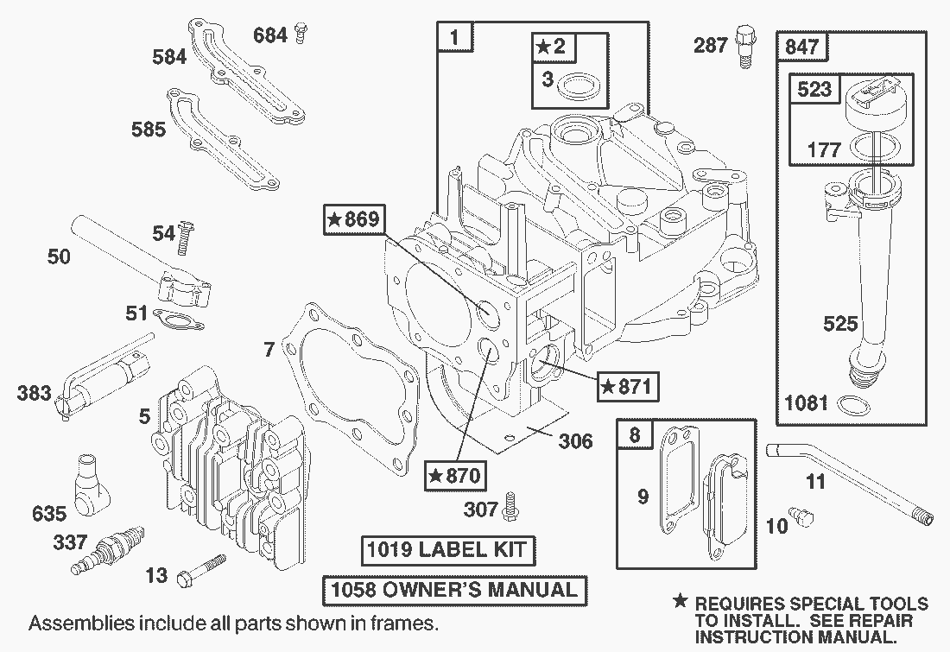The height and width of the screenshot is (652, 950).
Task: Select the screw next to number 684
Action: click(x=301, y=35)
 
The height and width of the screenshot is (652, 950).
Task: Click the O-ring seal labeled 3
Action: click(x=573, y=85)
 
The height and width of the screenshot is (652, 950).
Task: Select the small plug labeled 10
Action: click(x=805, y=516)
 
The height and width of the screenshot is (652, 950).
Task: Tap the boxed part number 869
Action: click(x=353, y=220)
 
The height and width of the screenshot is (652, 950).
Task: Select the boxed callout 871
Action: click(x=624, y=385)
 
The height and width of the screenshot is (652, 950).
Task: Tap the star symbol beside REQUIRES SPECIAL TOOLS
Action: click(x=681, y=602)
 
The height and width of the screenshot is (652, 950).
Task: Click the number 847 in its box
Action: click(x=801, y=47)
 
